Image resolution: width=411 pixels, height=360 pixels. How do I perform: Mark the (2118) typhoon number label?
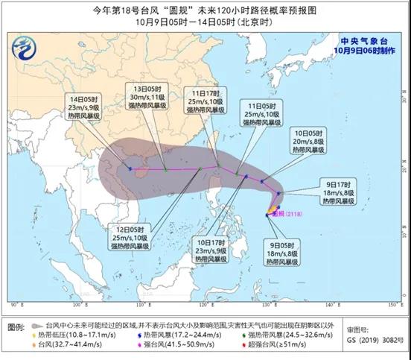click(290, 211)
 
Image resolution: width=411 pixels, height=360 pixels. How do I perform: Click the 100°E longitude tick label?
click(77, 306)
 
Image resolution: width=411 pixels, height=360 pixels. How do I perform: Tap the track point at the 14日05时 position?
click(130, 168)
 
